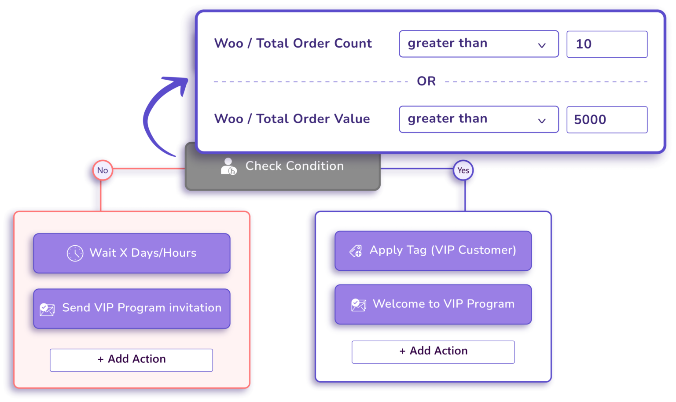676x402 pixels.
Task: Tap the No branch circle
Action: tap(103, 170)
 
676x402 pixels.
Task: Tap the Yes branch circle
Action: tap(463, 170)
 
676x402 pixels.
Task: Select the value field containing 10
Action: tap(606, 44)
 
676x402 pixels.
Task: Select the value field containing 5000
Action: tap(606, 119)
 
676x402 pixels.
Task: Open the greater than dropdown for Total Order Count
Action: tap(478, 44)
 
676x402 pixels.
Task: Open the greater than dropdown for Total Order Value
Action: tap(478, 119)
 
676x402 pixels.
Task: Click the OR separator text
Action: tap(426, 81)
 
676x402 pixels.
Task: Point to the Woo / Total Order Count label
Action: tap(293, 44)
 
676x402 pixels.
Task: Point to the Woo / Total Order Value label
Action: tap(292, 119)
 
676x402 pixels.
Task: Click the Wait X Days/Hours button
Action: tap(132, 253)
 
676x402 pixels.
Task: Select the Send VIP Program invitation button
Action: tap(132, 308)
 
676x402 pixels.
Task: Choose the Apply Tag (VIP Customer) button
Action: tap(433, 251)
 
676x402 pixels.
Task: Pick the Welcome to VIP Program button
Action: tap(433, 304)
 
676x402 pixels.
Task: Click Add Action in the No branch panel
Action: tap(131, 360)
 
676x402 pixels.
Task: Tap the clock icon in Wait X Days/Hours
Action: tap(75, 253)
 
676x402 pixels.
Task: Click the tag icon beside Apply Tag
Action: tap(356, 251)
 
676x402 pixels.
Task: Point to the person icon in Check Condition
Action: tap(228, 166)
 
